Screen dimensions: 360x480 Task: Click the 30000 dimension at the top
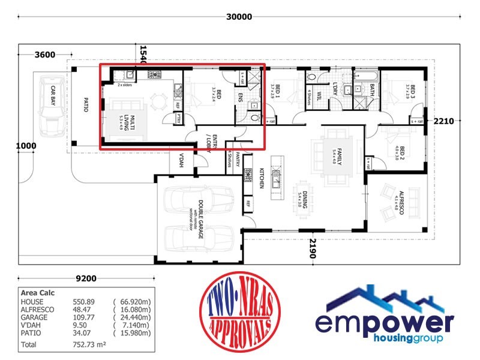pos(239,17)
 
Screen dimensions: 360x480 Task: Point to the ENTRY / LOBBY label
pos(205,142)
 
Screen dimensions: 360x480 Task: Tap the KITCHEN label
pos(262,178)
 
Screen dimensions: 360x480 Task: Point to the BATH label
pos(372,90)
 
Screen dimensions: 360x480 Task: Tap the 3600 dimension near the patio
pos(45,55)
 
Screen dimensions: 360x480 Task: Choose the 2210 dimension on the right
pos(444,121)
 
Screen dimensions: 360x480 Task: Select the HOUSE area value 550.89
pos(79,301)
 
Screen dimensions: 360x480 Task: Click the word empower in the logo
pos(384,324)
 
